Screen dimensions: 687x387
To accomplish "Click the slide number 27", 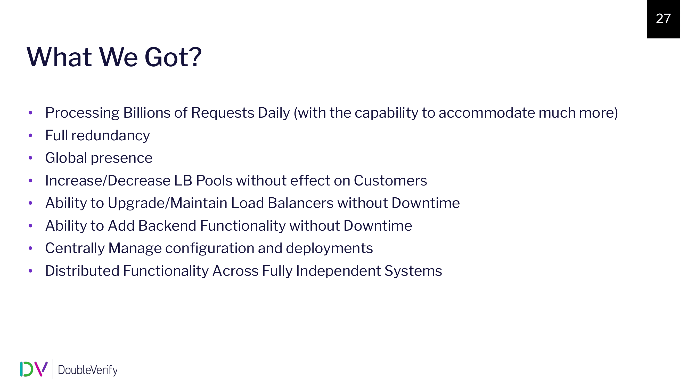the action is (x=663, y=19).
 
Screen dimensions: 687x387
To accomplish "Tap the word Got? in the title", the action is (x=173, y=57).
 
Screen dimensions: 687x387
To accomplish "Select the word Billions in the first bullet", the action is (x=147, y=113).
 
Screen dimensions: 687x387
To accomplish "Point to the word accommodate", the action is (x=487, y=113).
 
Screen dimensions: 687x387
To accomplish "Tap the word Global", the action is (x=66, y=158).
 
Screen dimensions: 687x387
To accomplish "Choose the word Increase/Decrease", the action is (x=108, y=181).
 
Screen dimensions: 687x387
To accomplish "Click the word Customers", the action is (x=390, y=180).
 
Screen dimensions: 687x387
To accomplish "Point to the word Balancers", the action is (x=301, y=203).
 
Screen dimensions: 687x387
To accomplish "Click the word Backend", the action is (x=167, y=225).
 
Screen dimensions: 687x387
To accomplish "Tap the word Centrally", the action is (x=75, y=248).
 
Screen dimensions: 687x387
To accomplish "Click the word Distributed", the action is (x=83, y=271).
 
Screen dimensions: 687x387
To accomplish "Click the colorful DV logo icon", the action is (x=34, y=369).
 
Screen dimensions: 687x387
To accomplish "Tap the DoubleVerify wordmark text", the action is (x=88, y=370).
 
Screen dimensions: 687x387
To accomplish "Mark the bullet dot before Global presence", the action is (x=30, y=158).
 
